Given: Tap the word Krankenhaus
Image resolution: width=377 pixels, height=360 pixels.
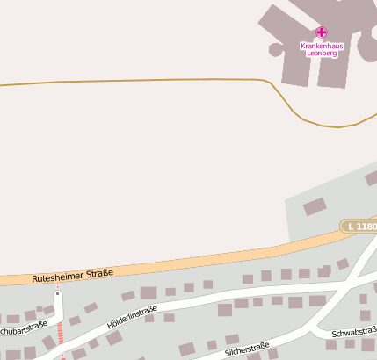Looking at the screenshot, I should [321, 45].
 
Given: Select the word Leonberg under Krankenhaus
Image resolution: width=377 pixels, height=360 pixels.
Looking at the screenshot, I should [321, 53].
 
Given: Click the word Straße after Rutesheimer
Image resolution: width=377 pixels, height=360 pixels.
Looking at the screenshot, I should [100, 273].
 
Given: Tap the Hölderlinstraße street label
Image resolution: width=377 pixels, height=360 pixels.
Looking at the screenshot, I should [132, 317].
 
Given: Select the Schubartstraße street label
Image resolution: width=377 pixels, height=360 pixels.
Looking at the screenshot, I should [23, 330].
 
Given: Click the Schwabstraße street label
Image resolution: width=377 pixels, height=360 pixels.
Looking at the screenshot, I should [354, 334].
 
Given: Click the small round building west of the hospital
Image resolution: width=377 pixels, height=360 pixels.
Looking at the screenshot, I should [276, 49].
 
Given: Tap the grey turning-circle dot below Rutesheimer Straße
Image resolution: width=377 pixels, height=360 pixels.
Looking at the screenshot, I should [58, 293].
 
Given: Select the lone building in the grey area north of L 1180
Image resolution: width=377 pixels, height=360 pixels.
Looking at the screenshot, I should [315, 207].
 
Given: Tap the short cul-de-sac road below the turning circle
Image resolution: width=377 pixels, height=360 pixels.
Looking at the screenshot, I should [58, 307].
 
